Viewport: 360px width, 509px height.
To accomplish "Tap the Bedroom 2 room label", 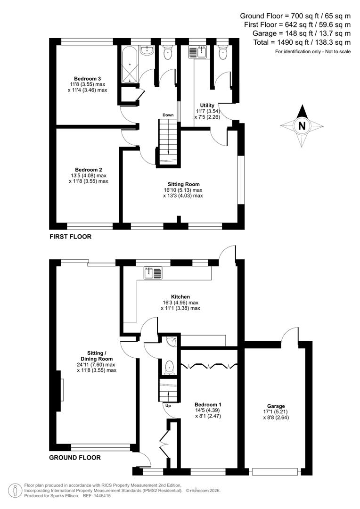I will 88,170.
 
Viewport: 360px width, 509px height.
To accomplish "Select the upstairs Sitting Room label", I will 183,184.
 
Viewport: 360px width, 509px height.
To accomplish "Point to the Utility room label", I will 207,105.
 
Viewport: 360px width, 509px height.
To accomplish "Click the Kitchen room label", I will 180,297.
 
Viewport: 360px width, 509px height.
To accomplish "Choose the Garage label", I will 276,406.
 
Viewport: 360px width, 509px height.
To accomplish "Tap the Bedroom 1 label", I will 208,404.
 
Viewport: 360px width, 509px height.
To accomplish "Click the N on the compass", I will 302,126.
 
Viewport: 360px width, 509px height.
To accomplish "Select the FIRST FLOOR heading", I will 70,237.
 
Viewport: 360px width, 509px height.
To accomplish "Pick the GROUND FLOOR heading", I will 75,457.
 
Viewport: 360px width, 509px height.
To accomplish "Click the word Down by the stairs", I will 168,115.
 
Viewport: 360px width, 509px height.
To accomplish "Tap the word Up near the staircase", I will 167,405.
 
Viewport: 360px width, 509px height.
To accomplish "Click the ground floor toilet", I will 169,367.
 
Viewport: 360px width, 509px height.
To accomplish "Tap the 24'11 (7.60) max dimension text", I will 97,364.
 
